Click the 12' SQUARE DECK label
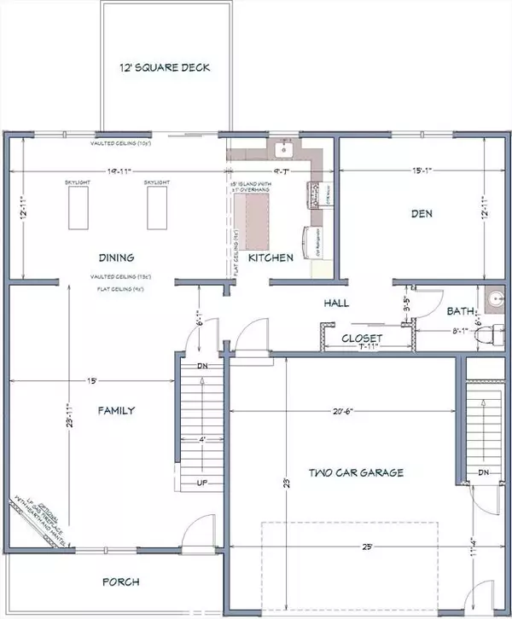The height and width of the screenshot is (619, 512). coord(164,68)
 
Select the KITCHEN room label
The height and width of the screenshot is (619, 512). coord(271,257)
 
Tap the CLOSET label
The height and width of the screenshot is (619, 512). coord(363,338)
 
